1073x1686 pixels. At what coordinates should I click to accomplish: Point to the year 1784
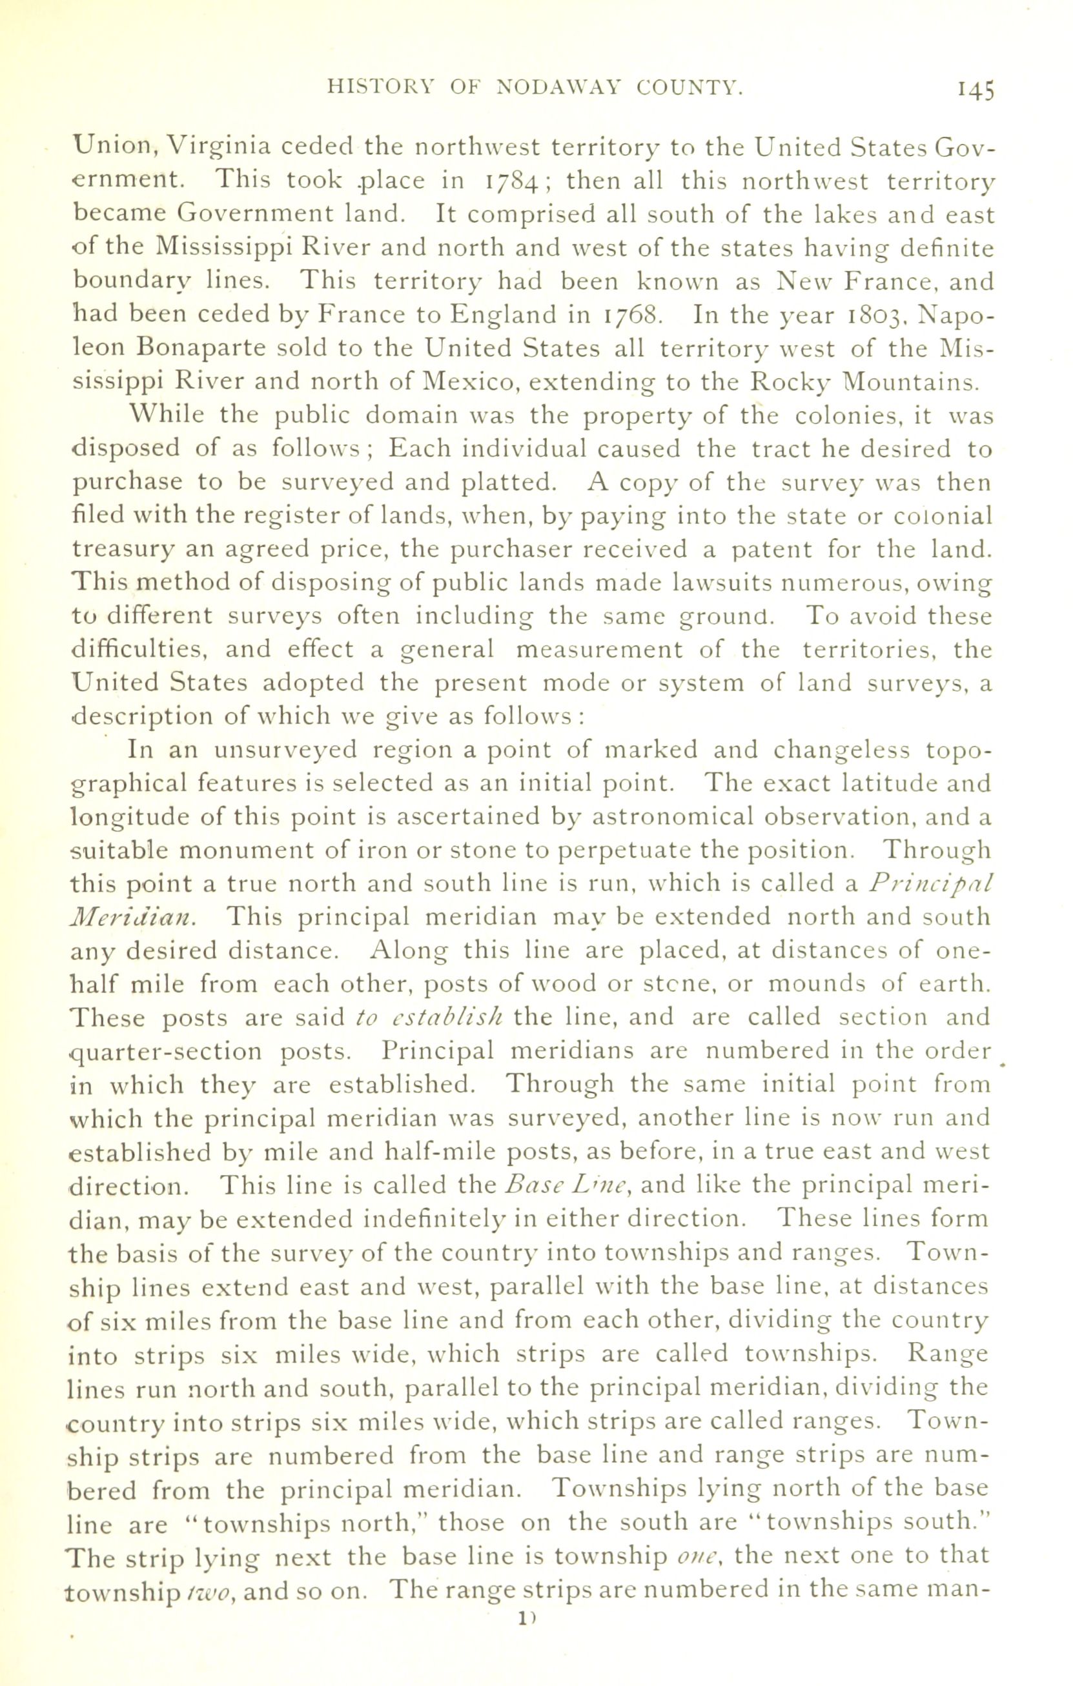click(x=511, y=181)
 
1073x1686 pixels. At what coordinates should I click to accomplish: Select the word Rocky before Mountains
click(x=790, y=382)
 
